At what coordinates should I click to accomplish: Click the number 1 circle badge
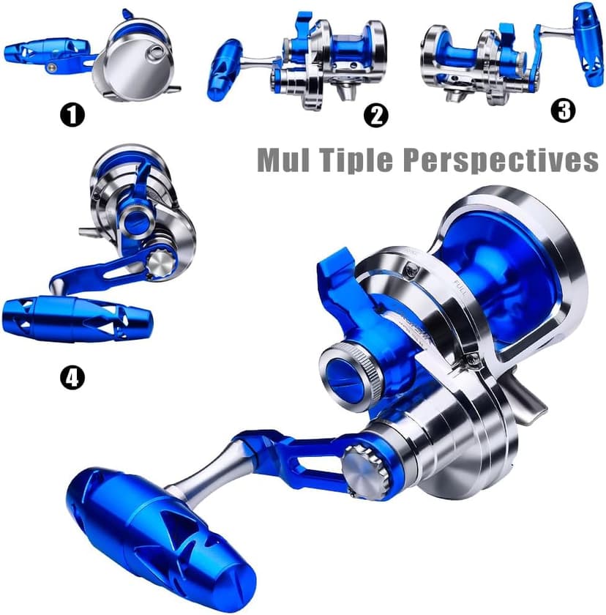pyautogui.click(x=72, y=115)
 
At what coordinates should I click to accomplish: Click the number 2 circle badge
pyautogui.click(x=375, y=115)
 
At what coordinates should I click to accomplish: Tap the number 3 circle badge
pyautogui.click(x=563, y=110)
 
